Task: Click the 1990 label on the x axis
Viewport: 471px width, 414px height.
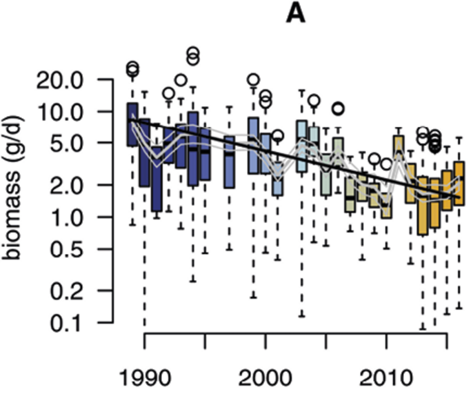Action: click(144, 380)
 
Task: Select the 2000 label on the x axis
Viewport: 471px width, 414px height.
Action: click(265, 380)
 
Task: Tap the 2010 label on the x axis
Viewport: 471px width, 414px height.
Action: click(387, 380)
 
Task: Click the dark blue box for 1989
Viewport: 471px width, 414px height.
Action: click(132, 124)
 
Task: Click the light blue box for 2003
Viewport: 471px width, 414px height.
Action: click(302, 145)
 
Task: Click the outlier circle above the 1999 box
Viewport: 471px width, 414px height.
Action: click(254, 79)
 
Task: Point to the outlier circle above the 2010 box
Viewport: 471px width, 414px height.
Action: click(387, 164)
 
